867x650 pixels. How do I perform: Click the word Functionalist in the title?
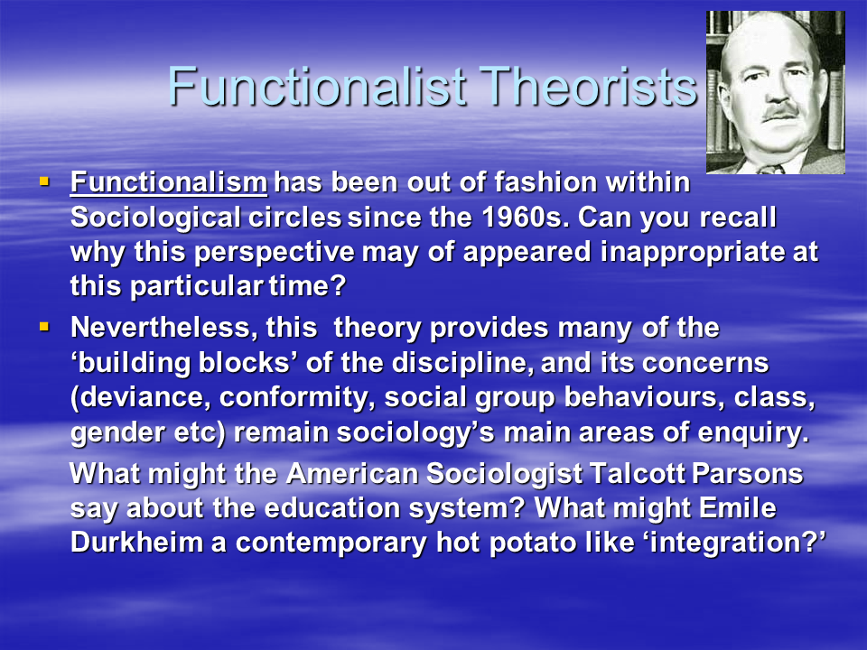click(317, 86)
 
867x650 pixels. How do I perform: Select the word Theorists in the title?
click(588, 86)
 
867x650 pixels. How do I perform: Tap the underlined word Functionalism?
click(169, 183)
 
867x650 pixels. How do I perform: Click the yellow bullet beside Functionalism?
click(44, 181)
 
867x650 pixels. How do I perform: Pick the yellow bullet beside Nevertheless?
click(44, 327)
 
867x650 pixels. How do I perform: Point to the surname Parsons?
click(747, 474)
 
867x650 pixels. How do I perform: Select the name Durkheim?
click(136, 543)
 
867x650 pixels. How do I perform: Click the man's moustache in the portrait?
click(780, 110)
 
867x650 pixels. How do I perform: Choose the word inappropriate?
click(693, 253)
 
